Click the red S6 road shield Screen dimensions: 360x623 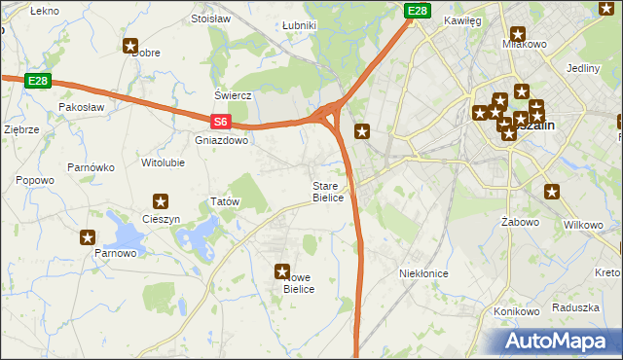tap(221, 122)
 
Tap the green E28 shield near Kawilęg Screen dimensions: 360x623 tap(417, 11)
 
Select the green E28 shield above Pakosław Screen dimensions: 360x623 tap(37, 80)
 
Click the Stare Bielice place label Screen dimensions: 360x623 tap(328, 192)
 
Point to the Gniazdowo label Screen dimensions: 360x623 tap(222, 140)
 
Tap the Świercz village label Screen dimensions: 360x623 tap(234, 95)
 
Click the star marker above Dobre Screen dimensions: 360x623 tap(131, 45)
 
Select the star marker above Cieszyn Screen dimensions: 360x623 tap(161, 201)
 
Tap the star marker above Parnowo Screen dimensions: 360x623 tap(88, 236)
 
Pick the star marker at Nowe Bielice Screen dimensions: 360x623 tap(282, 272)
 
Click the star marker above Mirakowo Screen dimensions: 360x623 tap(516, 33)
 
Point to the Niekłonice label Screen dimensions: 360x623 tap(423, 273)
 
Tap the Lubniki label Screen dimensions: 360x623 tap(298, 25)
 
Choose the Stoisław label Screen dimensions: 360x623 tap(210, 18)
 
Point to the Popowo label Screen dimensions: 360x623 tap(35, 180)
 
